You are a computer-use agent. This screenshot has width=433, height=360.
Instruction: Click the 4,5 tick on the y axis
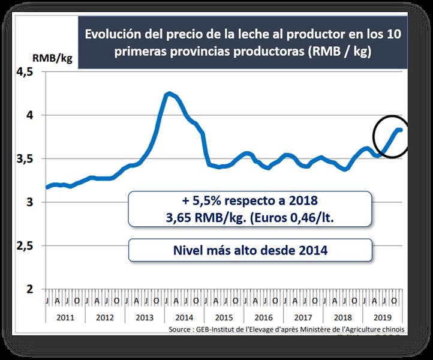pos(27,72)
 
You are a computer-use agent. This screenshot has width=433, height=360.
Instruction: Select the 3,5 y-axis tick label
pos(27,159)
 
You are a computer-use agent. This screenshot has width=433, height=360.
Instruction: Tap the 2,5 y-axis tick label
pos(27,246)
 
